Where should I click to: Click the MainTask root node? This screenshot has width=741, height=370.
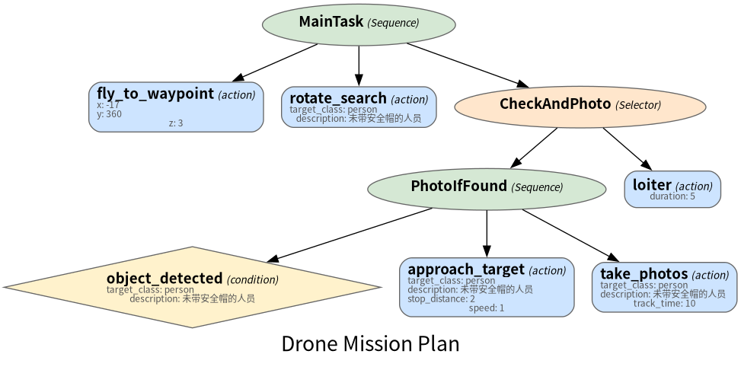click(x=359, y=24)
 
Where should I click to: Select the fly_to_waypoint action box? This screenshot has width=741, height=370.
click(x=176, y=107)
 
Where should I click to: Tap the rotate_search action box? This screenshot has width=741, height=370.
click(x=359, y=107)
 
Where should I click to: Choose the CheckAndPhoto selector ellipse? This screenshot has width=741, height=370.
click(x=580, y=107)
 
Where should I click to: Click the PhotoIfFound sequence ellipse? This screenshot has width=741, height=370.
click(x=487, y=189)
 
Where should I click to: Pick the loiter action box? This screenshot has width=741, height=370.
click(x=672, y=189)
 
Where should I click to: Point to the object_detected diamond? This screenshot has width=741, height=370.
click(x=193, y=287)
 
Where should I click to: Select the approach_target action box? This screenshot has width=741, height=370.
click(x=487, y=287)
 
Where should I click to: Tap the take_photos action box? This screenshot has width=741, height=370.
click(x=664, y=287)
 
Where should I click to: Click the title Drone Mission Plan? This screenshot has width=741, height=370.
click(x=370, y=344)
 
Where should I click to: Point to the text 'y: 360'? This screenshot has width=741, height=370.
click(x=109, y=114)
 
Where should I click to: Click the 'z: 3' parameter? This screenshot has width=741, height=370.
click(x=176, y=123)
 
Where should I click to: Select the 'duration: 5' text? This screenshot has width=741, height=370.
click(x=672, y=196)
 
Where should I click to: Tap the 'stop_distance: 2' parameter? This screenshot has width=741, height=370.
click(x=442, y=298)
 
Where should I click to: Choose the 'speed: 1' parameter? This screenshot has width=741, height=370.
click(x=487, y=308)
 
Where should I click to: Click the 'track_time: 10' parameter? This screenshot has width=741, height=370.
click(x=664, y=303)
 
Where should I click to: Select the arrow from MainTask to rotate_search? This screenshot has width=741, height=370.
click(x=359, y=65)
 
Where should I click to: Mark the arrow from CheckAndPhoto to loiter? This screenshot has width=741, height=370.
click(x=628, y=148)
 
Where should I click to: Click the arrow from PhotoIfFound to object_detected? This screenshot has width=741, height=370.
click(x=350, y=234)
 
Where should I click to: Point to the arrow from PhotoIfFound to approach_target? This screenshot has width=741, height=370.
click(x=487, y=234)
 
